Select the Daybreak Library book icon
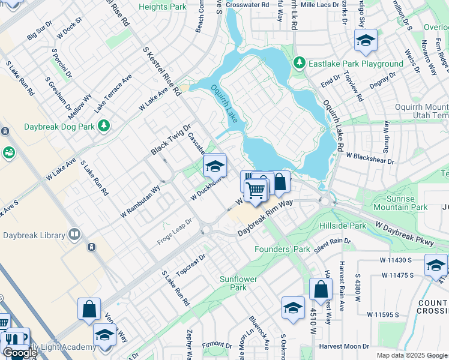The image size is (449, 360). click(74, 233)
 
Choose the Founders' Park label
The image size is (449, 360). click(282, 248)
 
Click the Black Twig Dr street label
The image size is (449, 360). click(170, 139)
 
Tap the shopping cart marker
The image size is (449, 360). click(256, 190)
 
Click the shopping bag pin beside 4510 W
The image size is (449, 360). click(321, 289)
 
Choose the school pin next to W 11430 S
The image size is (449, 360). click(436, 265)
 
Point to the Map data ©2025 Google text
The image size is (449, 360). click(412, 355)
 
